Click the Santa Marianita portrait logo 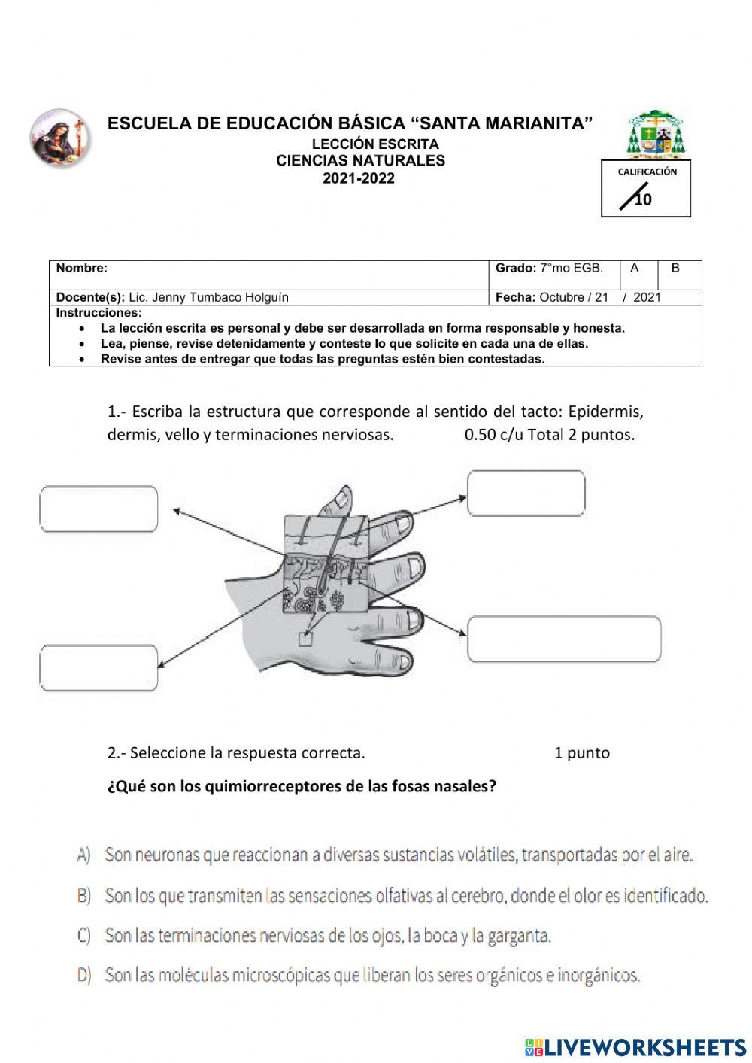click(59, 138)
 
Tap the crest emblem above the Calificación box click(656, 135)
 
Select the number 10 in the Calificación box click(643, 199)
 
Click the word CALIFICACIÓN click(647, 172)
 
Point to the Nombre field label click(81, 268)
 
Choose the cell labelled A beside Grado click(635, 269)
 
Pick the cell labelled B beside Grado click(675, 269)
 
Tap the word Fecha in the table click(515, 297)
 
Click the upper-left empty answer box click(99, 509)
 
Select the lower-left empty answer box click(99, 667)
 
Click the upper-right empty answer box click(526, 494)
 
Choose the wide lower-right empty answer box click(564, 639)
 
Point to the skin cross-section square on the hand click(326, 563)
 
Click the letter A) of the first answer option click(83, 855)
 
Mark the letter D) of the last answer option click(83, 976)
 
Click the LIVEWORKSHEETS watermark click(635, 1047)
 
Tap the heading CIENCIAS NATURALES click(360, 161)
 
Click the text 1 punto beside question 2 click(581, 753)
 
